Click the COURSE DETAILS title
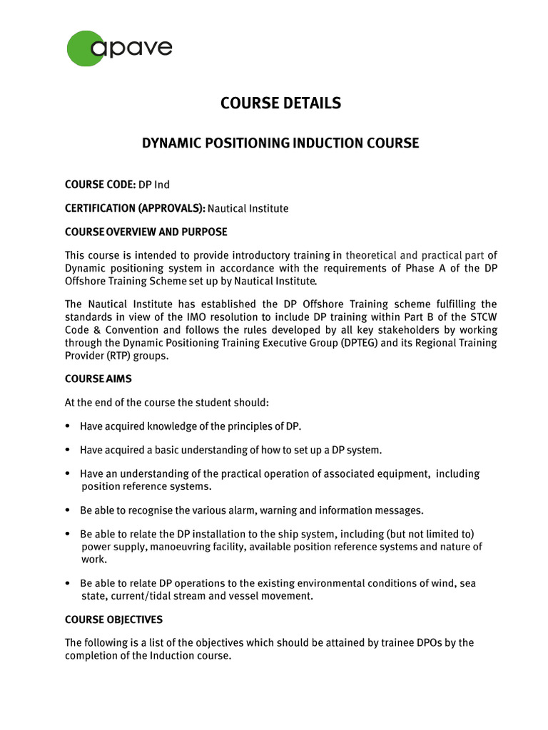click(280, 103)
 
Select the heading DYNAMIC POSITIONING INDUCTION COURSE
click(280, 143)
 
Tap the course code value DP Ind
click(154, 185)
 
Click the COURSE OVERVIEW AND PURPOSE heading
click(146, 232)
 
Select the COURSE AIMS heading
click(98, 379)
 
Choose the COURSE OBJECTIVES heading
click(113, 619)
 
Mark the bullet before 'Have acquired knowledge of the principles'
click(68, 426)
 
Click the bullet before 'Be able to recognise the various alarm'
click(68, 510)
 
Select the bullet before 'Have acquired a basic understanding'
click(68, 450)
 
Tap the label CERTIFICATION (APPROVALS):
click(135, 208)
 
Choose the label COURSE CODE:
click(100, 185)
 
